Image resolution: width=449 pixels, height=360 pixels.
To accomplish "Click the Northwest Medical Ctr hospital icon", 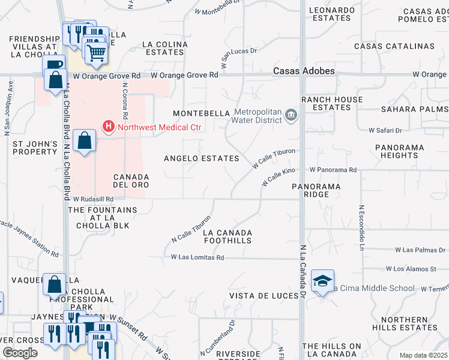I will click(109, 127).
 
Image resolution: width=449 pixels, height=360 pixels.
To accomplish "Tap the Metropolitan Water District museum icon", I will click(291, 115).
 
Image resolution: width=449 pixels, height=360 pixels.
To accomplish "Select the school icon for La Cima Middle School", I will click(322, 281).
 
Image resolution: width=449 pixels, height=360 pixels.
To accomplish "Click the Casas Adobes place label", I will click(304, 71).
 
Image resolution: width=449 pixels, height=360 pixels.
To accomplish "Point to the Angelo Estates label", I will click(202, 158).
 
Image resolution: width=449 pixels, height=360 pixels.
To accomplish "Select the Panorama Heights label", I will click(399, 151).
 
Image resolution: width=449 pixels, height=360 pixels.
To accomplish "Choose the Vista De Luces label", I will click(264, 296).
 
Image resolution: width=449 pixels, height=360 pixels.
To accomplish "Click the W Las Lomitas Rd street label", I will click(197, 257).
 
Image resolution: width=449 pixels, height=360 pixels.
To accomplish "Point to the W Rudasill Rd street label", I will click(94, 200).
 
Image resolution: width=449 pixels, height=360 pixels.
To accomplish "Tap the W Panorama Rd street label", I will click(333, 170).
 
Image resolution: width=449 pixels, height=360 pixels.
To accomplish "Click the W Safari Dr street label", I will click(385, 130).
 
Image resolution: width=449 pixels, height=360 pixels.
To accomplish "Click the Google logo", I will click(20, 353).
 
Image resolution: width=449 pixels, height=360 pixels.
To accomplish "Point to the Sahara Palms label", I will click(415, 109).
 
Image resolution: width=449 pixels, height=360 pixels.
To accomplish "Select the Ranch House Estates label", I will click(332, 103).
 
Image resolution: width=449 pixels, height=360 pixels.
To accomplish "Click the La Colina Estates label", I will click(164, 48).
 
